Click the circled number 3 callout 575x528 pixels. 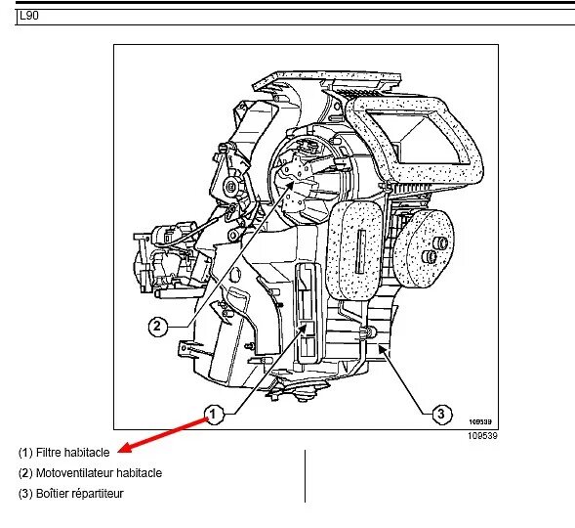440,414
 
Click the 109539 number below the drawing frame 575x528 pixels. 482,436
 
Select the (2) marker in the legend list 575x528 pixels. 25,473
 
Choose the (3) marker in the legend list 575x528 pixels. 25,494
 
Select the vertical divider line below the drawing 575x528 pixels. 306,475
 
